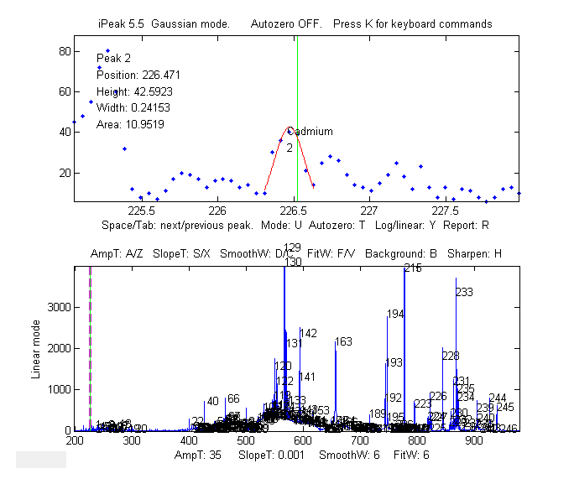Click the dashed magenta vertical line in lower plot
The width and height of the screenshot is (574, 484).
(91, 348)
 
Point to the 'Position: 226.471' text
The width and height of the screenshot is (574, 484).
(138, 75)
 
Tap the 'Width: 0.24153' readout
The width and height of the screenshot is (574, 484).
(133, 108)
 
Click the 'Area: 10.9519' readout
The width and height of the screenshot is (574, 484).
(130, 125)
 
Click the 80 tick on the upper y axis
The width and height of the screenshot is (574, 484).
(62, 51)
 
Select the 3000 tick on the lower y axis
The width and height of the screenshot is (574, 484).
(57, 308)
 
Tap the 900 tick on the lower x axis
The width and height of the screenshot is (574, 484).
(474, 440)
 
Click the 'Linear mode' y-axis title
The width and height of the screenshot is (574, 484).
(37, 348)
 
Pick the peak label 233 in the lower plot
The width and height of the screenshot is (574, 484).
(464, 292)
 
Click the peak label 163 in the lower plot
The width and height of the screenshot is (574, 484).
(343, 341)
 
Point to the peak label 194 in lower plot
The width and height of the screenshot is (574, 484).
(396, 314)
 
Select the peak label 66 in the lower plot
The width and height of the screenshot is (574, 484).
(233, 398)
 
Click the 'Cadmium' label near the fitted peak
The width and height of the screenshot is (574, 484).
(310, 132)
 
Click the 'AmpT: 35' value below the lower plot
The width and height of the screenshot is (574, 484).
(197, 454)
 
